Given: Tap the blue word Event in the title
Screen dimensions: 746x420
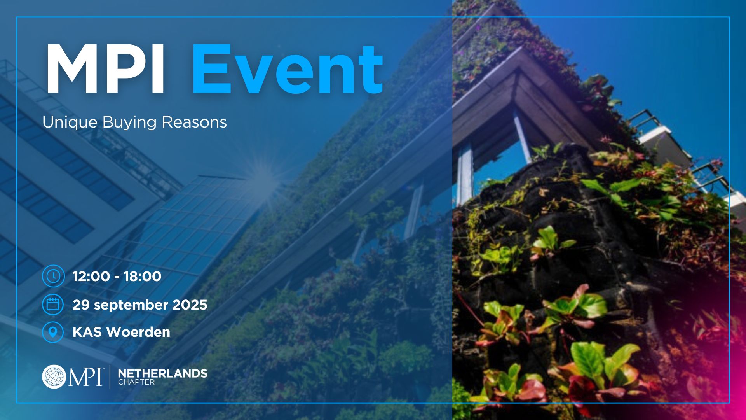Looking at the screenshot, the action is click(288, 69).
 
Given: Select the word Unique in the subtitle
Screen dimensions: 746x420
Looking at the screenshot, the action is click(70, 122).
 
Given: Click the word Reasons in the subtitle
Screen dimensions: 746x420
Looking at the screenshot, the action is click(194, 122).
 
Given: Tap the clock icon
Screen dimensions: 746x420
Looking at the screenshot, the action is click(53, 276).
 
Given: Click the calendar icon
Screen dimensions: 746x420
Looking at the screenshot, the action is click(53, 304).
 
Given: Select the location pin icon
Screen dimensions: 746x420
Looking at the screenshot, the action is click(53, 332).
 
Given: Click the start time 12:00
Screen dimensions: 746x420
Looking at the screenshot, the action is click(91, 276).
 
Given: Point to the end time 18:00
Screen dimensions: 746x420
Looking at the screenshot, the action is click(143, 276).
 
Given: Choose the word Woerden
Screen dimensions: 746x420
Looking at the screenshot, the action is click(138, 332).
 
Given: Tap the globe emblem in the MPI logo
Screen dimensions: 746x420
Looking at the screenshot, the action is click(54, 376).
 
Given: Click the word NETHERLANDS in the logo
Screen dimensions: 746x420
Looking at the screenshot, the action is click(163, 373).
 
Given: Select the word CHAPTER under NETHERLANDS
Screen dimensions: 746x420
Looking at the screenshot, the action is click(136, 382).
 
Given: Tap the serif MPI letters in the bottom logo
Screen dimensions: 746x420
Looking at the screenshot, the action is click(85, 377).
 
